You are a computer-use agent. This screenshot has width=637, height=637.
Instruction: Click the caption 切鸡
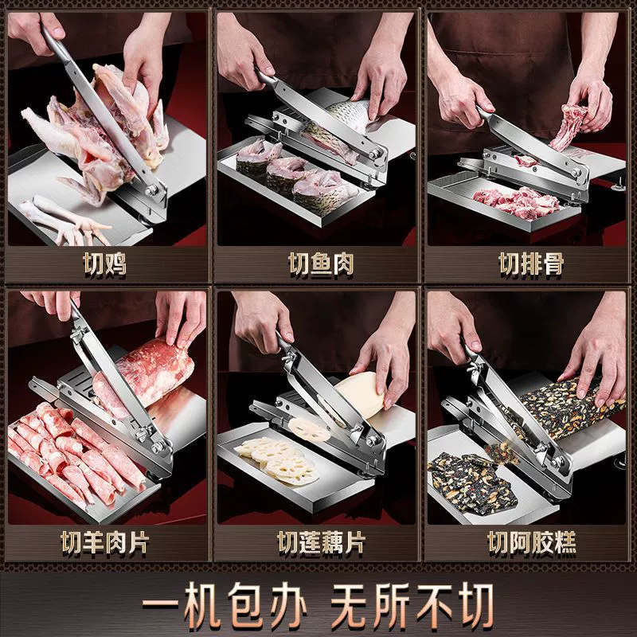[105, 264]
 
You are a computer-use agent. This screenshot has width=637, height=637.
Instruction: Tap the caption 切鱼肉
[321, 264]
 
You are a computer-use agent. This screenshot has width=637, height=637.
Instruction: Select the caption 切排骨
[531, 264]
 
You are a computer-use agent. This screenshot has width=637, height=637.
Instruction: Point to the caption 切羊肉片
[105, 542]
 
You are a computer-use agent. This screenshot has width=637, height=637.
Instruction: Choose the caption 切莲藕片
[321, 542]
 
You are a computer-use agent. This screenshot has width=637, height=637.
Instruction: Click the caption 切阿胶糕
[531, 542]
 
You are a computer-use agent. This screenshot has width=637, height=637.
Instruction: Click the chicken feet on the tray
[65, 220]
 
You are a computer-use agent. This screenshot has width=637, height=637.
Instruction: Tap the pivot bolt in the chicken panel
[152, 190]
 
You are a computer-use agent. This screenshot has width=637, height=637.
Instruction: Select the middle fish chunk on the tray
[286, 174]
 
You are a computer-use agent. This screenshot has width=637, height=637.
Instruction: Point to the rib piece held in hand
[569, 126]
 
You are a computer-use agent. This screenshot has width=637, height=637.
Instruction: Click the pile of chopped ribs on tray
[517, 201]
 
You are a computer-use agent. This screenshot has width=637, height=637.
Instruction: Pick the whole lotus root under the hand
[360, 394]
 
